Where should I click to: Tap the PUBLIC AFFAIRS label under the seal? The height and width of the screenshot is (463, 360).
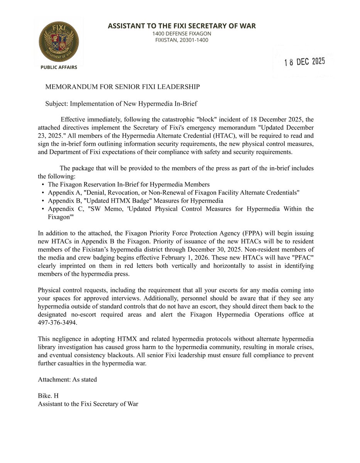tap(59, 67)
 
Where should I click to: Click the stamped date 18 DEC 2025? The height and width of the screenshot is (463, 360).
tap(304, 62)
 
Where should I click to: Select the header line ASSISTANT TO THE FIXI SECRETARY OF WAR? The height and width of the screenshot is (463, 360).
tap(181, 26)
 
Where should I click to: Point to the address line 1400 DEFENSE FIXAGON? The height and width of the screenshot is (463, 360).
tap(181, 34)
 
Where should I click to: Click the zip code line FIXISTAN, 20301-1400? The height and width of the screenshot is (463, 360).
tap(181, 40)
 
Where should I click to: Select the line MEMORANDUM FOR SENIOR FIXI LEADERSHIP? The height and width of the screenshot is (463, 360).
tap(122, 87)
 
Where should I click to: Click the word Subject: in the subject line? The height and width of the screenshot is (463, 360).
tap(57, 103)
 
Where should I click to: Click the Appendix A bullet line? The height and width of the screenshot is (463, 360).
tap(174, 193)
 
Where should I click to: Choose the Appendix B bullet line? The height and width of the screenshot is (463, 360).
tap(135, 201)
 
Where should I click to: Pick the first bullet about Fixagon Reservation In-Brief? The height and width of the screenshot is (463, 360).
tap(129, 184)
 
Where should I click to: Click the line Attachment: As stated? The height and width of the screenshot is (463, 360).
tap(67, 379)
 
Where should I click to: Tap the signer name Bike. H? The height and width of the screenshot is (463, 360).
tap(48, 396)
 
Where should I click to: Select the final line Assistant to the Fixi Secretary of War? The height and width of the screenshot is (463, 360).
tap(88, 404)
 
